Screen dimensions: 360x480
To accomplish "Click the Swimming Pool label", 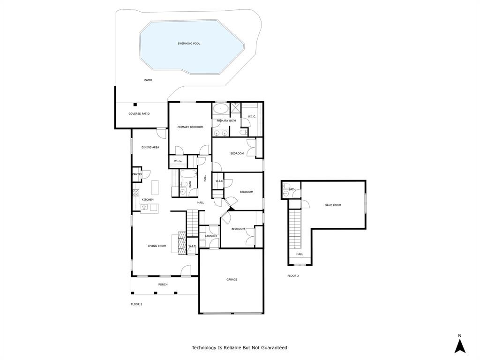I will point(189,44).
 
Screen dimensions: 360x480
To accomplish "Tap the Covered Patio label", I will point(139,114).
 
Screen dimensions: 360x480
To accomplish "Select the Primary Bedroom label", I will point(190,127).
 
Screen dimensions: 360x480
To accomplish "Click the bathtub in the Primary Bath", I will point(220,109).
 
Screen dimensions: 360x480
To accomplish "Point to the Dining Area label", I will point(150,147).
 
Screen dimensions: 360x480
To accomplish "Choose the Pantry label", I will point(137,174).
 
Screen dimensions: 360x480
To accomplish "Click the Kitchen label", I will point(148,200).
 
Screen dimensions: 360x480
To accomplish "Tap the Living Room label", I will point(157,246).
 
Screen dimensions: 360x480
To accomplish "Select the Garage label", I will point(232,280).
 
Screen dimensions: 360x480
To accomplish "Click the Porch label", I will point(163,285).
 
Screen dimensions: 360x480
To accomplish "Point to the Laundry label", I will point(211,236).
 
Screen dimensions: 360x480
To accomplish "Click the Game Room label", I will point(333,205).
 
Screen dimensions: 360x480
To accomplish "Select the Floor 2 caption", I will point(293,276).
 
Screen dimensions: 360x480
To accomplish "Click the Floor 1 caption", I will point(136,304).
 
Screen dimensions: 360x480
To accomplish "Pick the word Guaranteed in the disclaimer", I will point(273,348).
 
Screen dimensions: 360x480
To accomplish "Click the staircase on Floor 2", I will point(294,230).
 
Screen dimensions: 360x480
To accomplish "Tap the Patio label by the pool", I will point(148,80).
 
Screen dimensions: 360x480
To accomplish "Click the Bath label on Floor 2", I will point(292,190).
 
